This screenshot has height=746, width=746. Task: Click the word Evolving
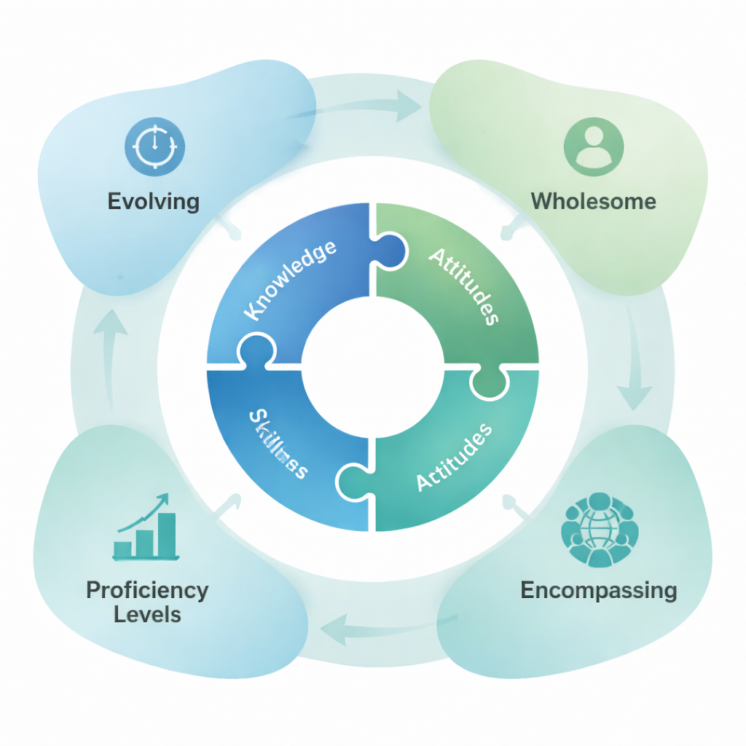click(x=153, y=201)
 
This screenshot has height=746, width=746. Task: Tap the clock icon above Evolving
click(x=154, y=146)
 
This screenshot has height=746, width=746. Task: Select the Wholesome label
click(x=593, y=201)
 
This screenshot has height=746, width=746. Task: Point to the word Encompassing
click(x=599, y=590)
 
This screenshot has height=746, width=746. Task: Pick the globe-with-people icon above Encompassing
click(x=599, y=530)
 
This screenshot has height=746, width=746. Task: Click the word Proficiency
click(x=147, y=590)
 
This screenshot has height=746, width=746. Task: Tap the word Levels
click(x=147, y=614)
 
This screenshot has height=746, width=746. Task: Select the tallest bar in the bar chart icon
click(x=167, y=534)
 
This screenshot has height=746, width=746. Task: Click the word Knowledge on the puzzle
click(x=290, y=280)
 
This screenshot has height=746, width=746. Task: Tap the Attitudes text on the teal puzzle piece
click(x=453, y=458)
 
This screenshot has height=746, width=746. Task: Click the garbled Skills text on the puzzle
click(x=278, y=444)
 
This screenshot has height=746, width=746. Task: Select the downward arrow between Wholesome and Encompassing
click(x=632, y=364)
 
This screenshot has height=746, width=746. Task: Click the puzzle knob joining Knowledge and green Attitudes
click(x=390, y=248)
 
